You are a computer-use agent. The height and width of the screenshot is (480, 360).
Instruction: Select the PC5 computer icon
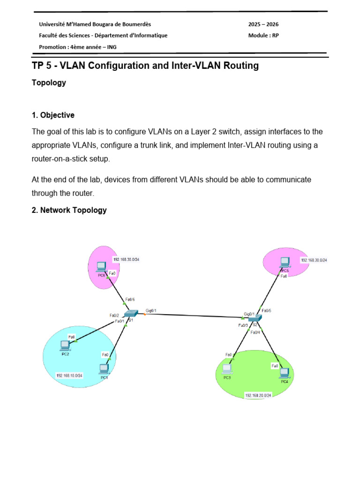(x=285, y=262)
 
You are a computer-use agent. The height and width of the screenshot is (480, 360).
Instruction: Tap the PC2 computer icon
(x=65, y=345)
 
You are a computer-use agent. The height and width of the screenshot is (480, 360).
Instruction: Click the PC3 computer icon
(x=227, y=369)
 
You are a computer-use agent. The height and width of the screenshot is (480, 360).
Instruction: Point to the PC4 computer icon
(x=284, y=373)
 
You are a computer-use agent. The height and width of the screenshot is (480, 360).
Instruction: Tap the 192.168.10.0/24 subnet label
(x=69, y=375)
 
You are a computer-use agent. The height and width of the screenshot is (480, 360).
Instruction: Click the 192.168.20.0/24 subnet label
(x=258, y=396)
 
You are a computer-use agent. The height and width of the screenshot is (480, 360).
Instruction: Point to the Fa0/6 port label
(x=131, y=300)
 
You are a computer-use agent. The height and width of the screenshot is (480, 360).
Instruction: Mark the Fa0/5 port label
(x=266, y=310)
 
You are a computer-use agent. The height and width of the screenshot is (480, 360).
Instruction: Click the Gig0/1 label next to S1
(x=151, y=310)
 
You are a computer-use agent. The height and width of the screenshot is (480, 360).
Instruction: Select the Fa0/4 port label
(x=255, y=332)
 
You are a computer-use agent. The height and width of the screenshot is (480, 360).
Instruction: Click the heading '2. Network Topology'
(x=69, y=210)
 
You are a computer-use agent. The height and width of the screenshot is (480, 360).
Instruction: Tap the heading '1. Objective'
(x=53, y=115)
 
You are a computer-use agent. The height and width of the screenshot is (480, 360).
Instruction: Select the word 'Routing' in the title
(x=240, y=66)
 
